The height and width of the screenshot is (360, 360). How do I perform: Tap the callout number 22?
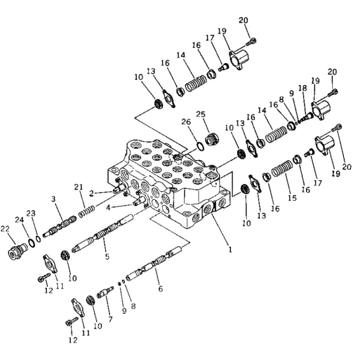(5, 228)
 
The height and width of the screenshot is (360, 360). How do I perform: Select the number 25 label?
(200, 114)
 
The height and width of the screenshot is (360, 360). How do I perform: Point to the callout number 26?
(186, 122)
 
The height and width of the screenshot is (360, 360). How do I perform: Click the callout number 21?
(78, 188)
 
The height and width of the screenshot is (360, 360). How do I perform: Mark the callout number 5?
(107, 257)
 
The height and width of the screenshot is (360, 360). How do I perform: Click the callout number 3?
(53, 198)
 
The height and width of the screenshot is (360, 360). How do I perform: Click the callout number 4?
(108, 208)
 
